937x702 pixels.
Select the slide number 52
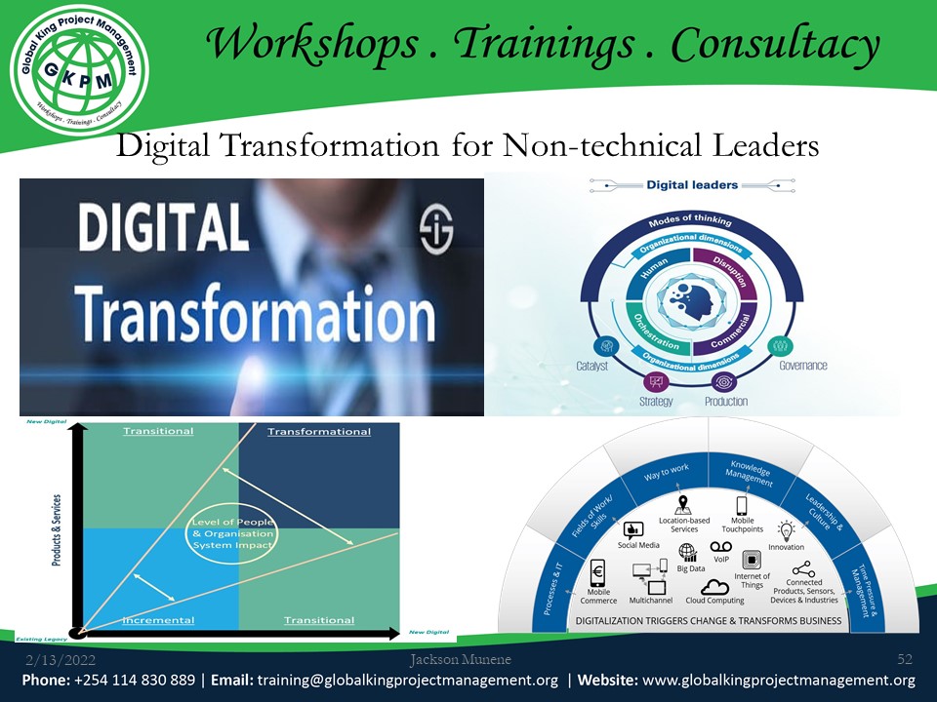click(904, 661)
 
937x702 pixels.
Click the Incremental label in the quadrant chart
click(158, 620)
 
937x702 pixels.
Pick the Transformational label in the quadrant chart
click(319, 431)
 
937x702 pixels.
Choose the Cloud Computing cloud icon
click(714, 587)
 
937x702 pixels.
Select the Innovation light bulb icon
click(786, 529)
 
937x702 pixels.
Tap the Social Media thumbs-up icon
click(633, 530)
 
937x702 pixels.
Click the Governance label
click(802, 366)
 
